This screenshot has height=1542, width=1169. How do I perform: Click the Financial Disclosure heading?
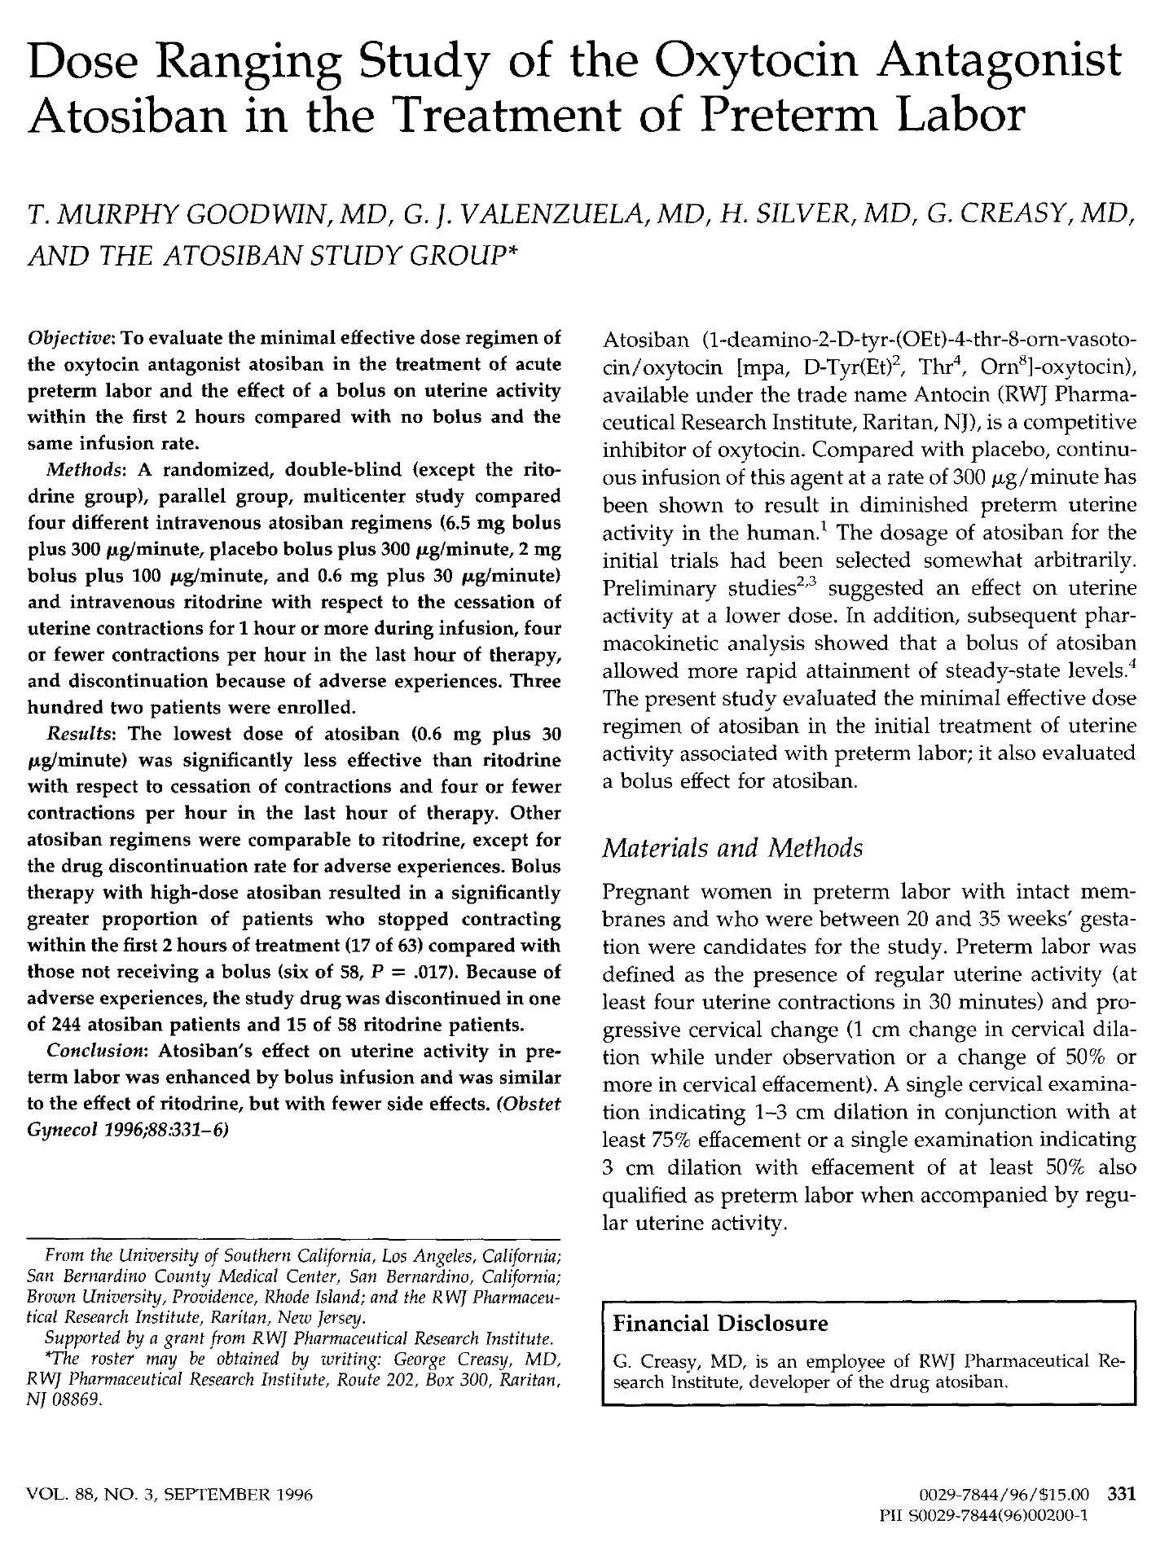coord(720,1323)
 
